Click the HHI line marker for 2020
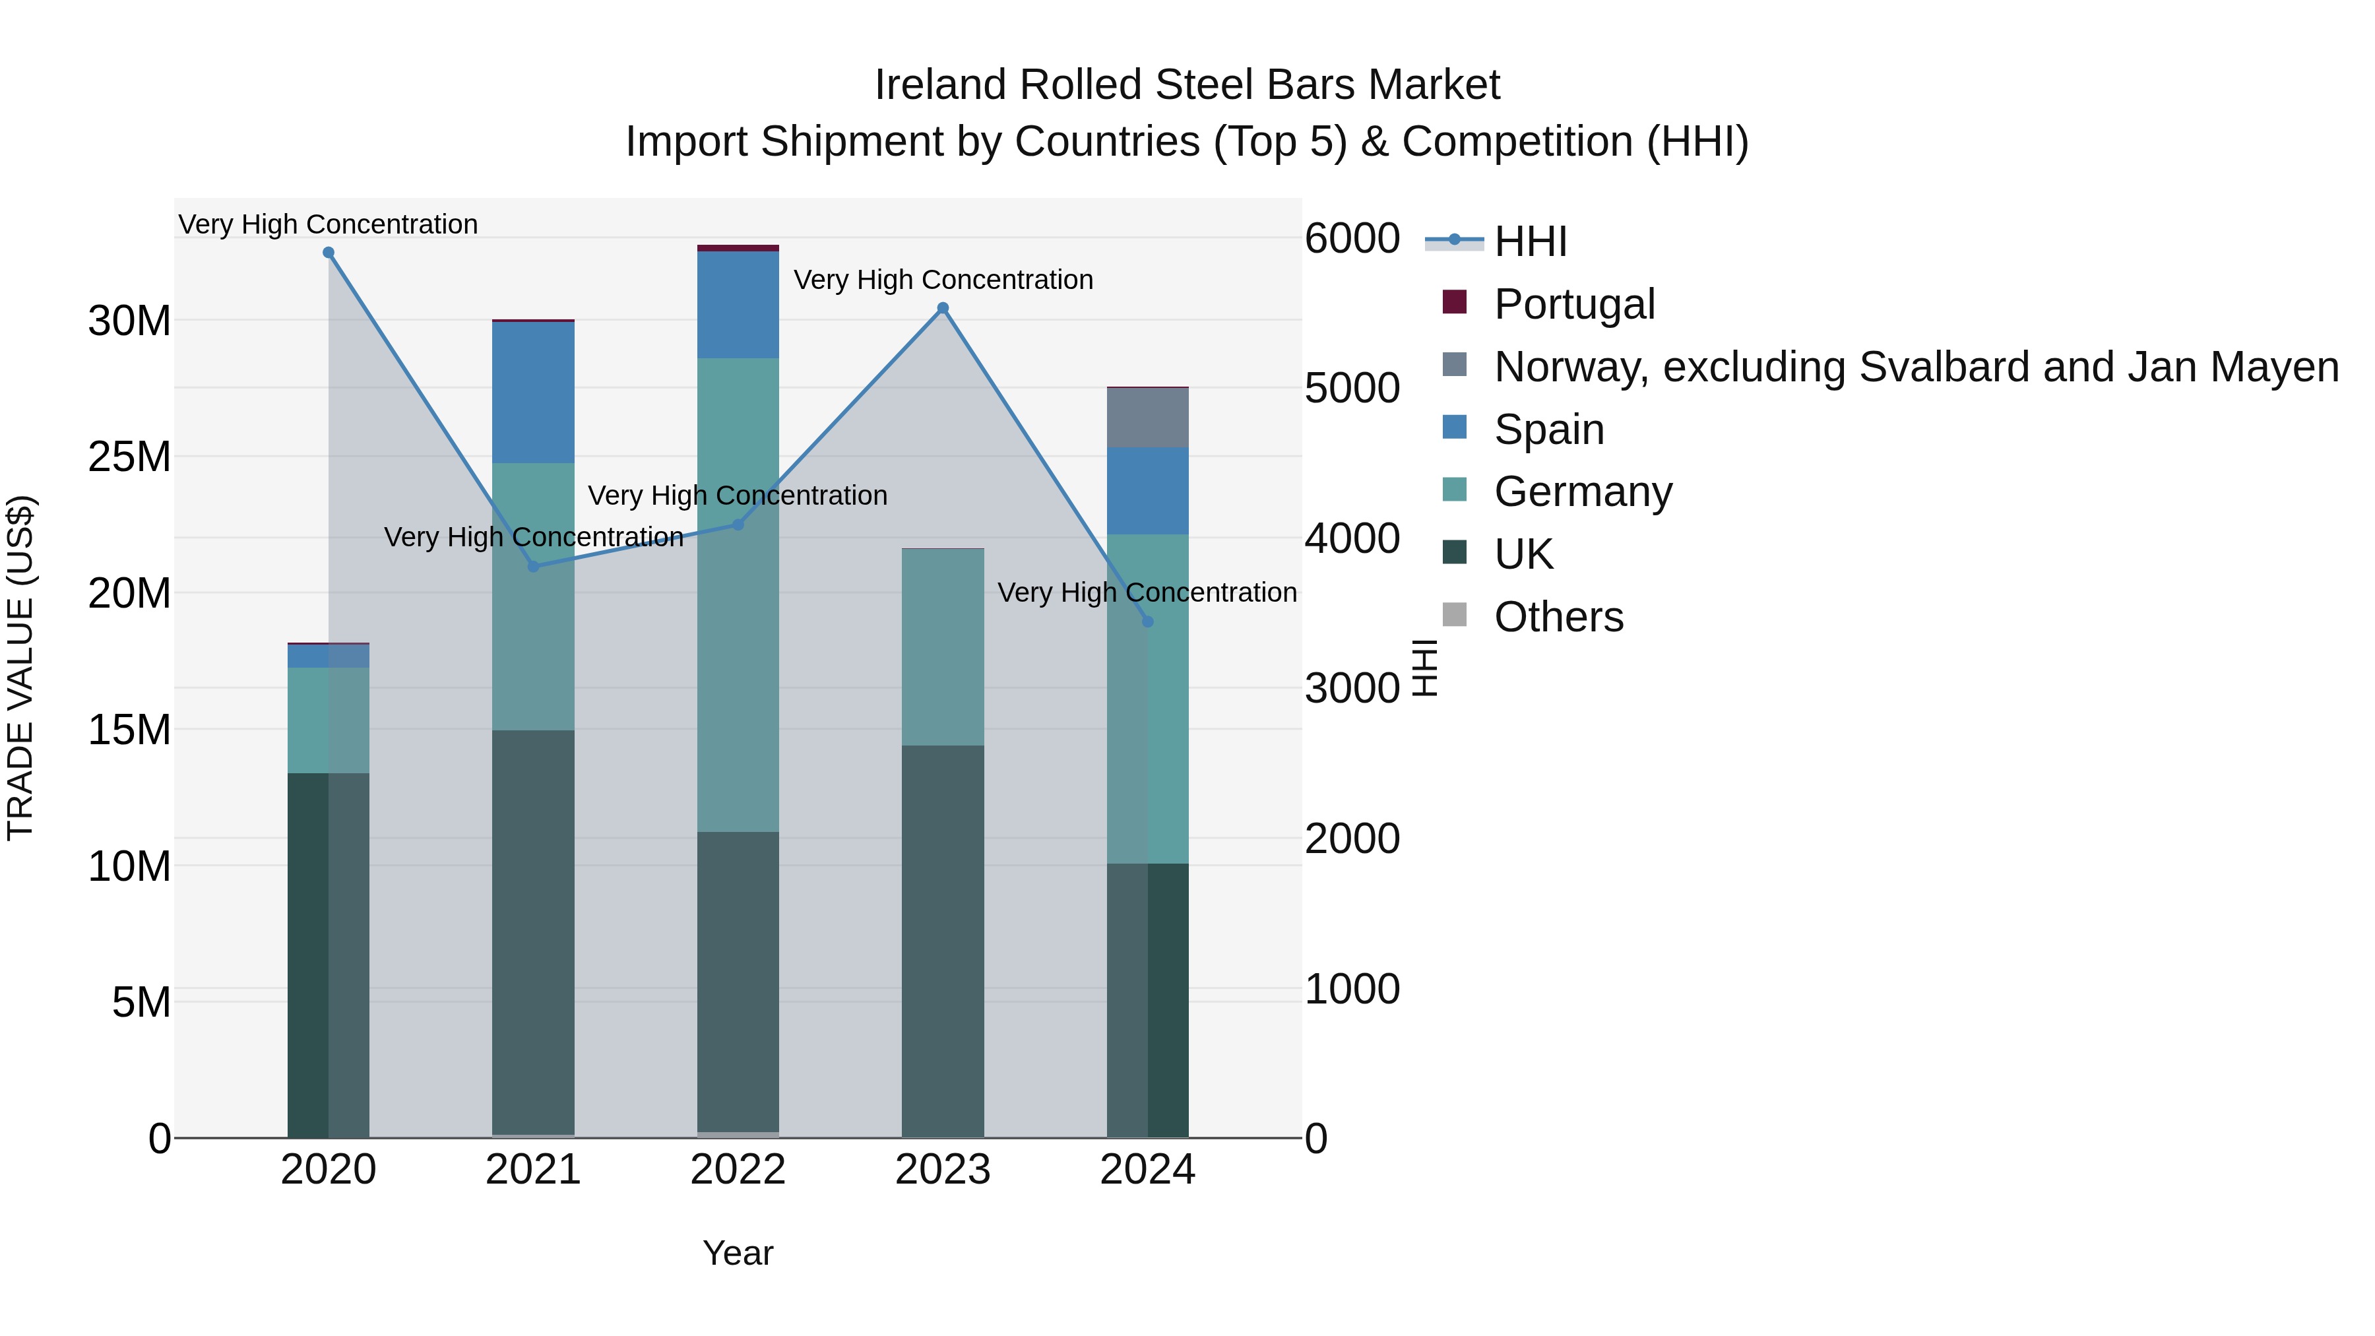(x=329, y=253)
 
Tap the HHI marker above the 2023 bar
(x=942, y=308)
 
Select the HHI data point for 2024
(x=1147, y=621)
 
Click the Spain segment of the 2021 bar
(x=533, y=392)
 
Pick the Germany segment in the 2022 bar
(x=738, y=594)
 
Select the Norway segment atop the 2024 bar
(x=1147, y=418)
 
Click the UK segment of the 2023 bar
(x=942, y=940)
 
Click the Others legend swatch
(x=1454, y=615)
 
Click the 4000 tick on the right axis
(x=1352, y=538)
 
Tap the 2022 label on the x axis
(x=738, y=1170)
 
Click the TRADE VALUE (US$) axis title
(x=20, y=668)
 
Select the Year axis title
(x=738, y=1253)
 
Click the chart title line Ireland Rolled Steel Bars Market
(x=1187, y=85)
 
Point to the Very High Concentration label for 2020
(x=329, y=224)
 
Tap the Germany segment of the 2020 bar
(x=329, y=719)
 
